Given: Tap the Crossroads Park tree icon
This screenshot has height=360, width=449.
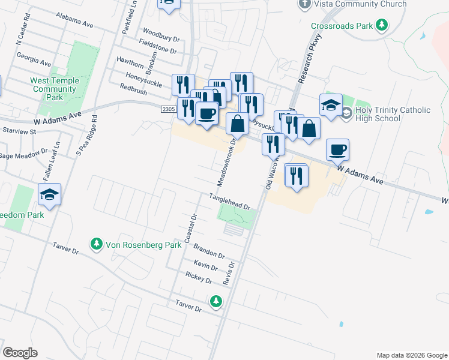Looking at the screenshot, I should tap(381, 25).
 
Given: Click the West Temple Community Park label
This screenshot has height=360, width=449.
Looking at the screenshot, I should tap(55, 89).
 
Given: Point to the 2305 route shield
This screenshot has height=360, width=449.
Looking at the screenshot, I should tap(169, 108).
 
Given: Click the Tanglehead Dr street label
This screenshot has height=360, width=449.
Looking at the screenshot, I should tap(229, 201).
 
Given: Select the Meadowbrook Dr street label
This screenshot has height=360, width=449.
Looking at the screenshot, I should tap(226, 163).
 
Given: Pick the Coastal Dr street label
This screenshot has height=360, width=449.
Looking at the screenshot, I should tap(191, 229).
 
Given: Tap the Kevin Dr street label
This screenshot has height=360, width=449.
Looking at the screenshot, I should tap(205, 266).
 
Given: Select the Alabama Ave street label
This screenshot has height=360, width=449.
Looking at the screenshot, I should tap(74, 22).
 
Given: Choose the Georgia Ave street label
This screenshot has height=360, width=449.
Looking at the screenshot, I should tap(34, 59).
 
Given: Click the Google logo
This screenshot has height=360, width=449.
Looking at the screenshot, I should tap(20, 353).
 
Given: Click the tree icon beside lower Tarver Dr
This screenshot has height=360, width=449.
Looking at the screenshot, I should tap(215, 301).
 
